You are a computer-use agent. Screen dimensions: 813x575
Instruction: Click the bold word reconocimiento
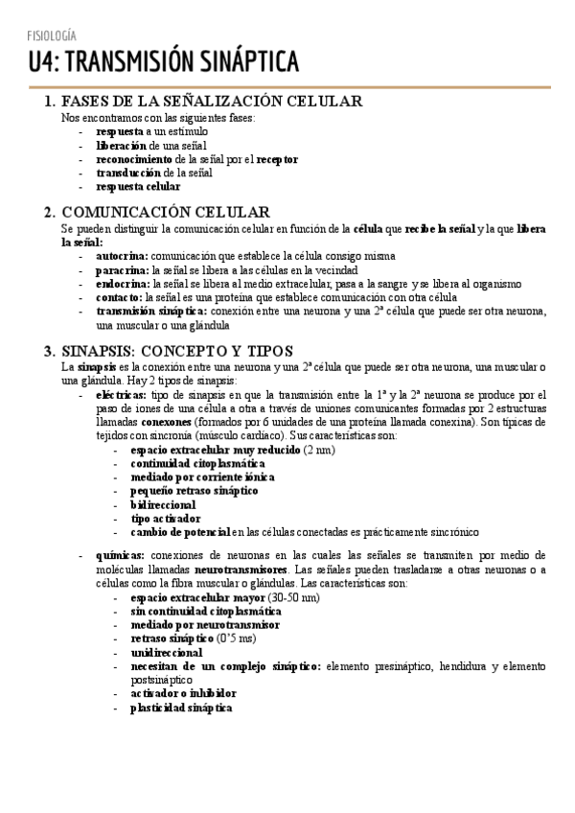(135, 159)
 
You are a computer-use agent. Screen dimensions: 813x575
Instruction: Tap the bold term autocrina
(122, 257)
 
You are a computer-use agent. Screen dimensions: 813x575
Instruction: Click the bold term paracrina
(121, 270)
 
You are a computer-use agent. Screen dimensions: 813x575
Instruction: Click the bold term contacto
(120, 297)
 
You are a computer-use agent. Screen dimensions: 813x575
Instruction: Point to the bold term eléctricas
(122, 394)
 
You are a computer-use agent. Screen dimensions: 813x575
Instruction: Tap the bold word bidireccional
(163, 504)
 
